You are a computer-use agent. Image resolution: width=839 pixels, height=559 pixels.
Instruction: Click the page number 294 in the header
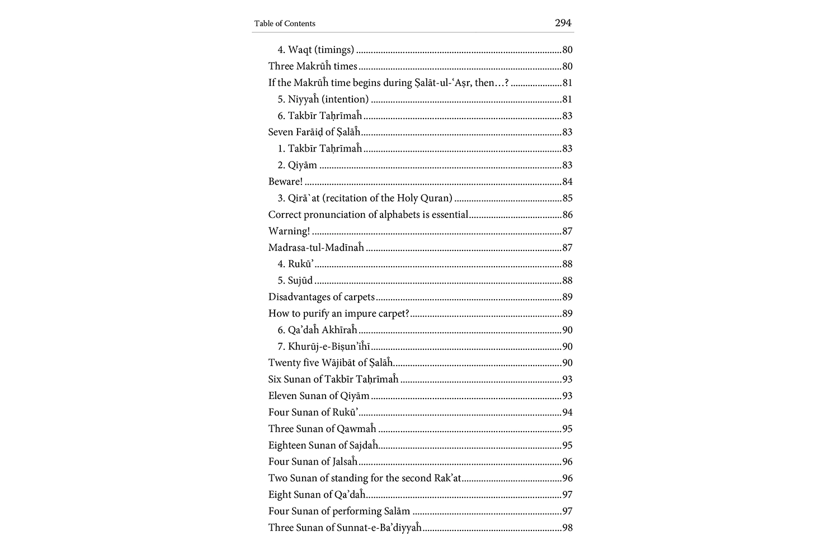pyautogui.click(x=563, y=23)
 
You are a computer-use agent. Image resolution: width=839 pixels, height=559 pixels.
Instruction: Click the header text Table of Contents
pyautogui.click(x=285, y=23)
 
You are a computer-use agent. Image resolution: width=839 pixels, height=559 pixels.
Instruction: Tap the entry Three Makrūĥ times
pyautogui.click(x=313, y=66)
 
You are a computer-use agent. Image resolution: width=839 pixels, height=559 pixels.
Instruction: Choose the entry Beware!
pyautogui.click(x=285, y=182)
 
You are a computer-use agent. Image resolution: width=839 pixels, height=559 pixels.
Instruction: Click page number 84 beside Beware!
pyautogui.click(x=567, y=182)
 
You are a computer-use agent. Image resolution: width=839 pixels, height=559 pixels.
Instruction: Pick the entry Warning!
pyautogui.click(x=289, y=231)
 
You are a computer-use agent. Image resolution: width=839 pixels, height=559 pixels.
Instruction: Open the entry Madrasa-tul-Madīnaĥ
pyautogui.click(x=316, y=247)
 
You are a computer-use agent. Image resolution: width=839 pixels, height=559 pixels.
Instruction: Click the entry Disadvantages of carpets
pyautogui.click(x=322, y=297)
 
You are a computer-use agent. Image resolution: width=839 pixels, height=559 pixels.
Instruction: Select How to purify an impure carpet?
pyautogui.click(x=339, y=314)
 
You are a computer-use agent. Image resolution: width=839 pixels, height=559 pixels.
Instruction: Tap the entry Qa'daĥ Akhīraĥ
pyautogui.click(x=322, y=330)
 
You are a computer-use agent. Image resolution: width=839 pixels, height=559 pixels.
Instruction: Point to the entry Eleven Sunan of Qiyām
pyautogui.click(x=319, y=396)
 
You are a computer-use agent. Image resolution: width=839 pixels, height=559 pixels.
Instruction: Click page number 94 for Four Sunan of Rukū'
pyautogui.click(x=567, y=413)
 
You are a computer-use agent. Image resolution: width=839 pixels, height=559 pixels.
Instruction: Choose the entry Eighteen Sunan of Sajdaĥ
pyautogui.click(x=323, y=446)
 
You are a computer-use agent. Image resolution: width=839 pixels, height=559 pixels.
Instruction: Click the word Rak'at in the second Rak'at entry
pyautogui.click(x=447, y=478)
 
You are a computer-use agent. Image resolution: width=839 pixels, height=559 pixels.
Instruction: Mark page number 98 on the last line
pyautogui.click(x=567, y=528)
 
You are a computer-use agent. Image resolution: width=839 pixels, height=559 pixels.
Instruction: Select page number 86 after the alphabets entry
pyautogui.click(x=567, y=215)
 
